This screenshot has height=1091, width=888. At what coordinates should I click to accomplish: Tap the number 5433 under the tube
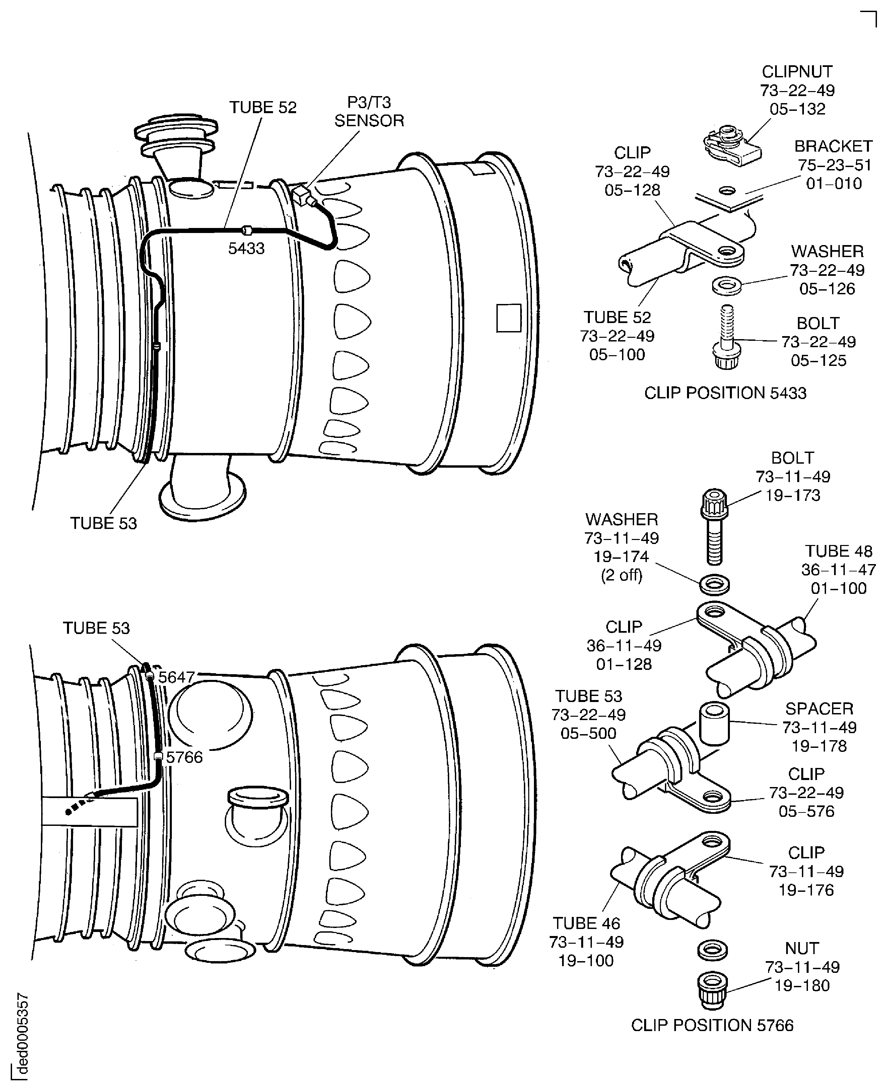246,248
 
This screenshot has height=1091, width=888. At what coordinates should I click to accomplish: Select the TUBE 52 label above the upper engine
262,107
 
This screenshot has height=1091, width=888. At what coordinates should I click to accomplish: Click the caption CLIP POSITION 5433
725,393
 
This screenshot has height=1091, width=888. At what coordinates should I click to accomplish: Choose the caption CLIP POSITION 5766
712,1025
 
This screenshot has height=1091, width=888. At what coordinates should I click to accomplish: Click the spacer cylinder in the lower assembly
713,724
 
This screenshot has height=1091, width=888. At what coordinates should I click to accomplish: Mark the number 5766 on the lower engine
184,757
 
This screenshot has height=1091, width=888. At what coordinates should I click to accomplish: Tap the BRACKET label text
833,146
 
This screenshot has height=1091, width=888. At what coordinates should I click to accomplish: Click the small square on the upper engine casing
508,318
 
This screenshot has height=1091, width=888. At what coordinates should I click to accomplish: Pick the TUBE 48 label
838,551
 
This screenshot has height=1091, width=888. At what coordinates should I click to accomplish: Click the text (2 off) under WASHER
621,575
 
